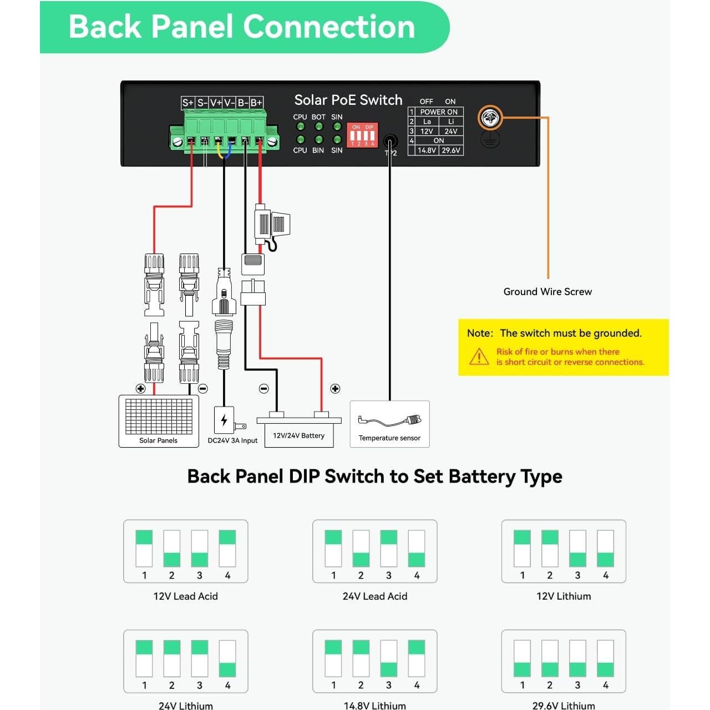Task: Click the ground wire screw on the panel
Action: tap(490, 118)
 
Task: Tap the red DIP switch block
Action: tap(362, 135)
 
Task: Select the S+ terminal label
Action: tap(188, 103)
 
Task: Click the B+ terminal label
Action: tap(256, 103)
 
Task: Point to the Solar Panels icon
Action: tap(159, 420)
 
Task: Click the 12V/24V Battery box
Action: tap(298, 432)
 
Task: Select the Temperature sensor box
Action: tap(389, 424)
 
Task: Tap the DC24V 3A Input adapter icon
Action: tap(225, 421)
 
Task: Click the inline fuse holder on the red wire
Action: tap(271, 225)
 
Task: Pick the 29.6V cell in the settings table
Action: tap(451, 150)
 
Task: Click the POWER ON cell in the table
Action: tap(439, 111)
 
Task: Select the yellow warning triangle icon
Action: tap(479, 357)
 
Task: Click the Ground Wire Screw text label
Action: tap(547, 292)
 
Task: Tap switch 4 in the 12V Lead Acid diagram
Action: tap(227, 548)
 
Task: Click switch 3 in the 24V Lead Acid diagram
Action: tap(389, 548)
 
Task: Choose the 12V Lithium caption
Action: tap(564, 596)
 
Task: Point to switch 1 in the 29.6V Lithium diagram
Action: tap(522, 658)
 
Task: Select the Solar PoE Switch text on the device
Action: tap(348, 100)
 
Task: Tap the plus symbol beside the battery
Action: tap(335, 389)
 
